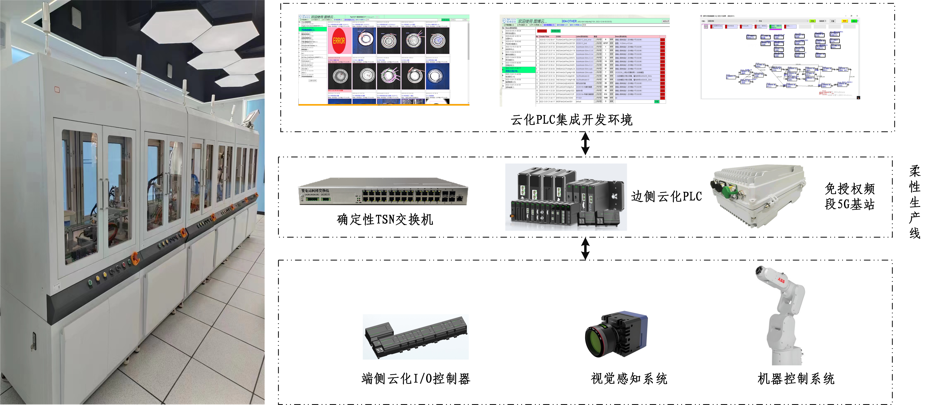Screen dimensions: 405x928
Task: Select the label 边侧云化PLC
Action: point(666,197)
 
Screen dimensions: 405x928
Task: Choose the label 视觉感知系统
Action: point(629,379)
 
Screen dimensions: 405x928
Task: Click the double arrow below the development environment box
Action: point(585,144)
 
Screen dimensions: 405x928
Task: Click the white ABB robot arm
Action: point(782,317)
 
